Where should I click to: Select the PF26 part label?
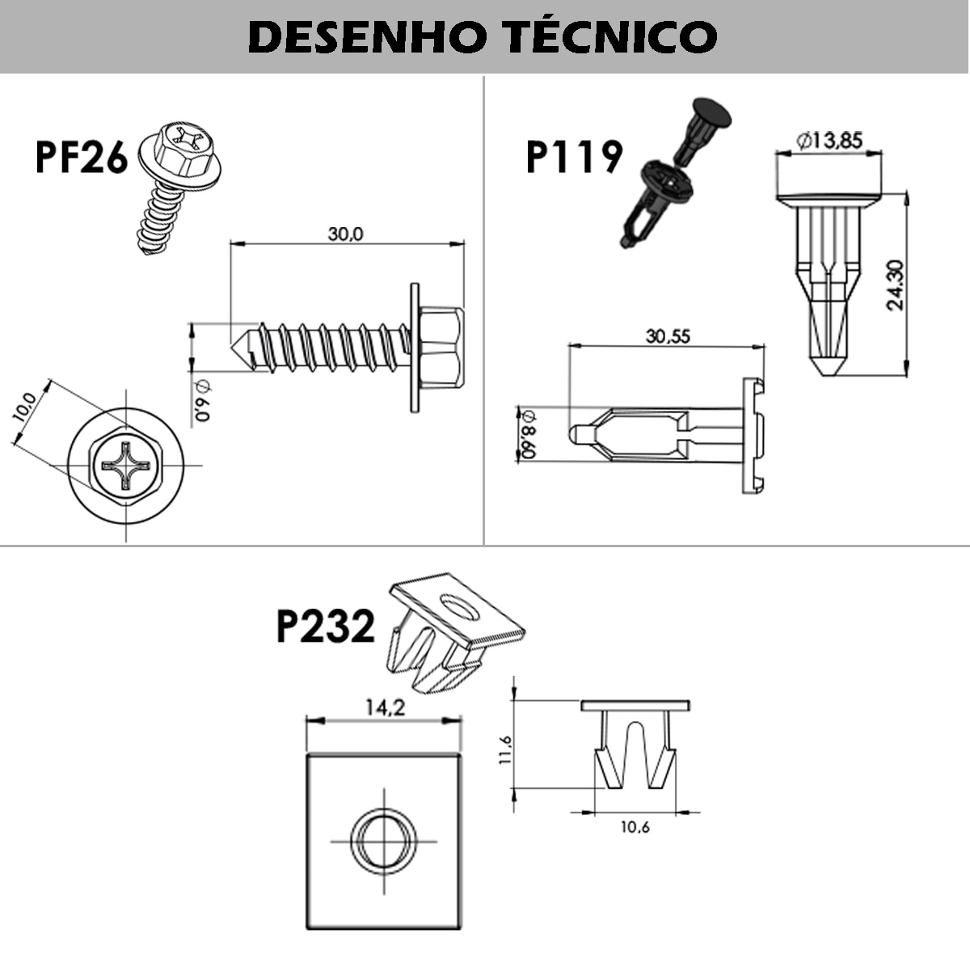click(81, 157)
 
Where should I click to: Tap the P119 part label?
click(574, 157)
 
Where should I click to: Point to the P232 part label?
click(325, 626)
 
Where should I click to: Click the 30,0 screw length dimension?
click(345, 234)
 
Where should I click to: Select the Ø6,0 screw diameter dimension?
click(201, 400)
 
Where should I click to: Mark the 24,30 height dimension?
click(895, 284)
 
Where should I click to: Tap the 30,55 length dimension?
click(668, 335)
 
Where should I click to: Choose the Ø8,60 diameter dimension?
click(528, 433)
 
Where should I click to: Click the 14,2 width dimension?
click(384, 707)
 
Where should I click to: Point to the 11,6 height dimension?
click(505, 749)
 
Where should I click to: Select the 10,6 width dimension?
click(635, 826)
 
